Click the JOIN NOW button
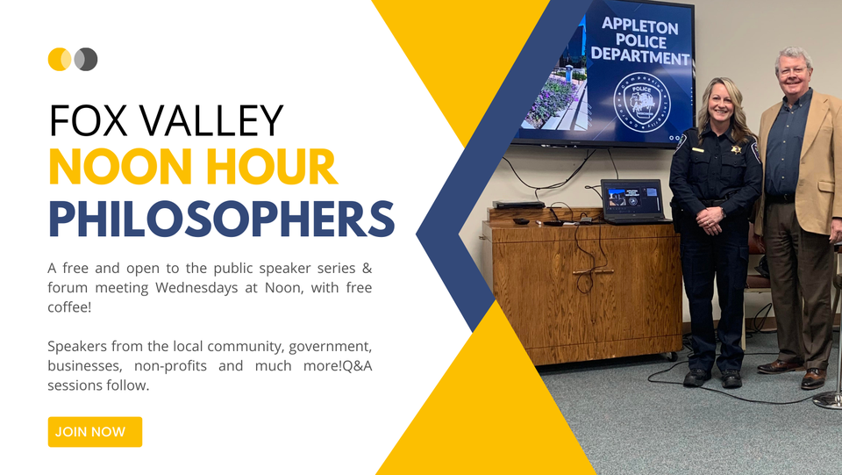click(x=95, y=432)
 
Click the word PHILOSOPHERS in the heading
click(x=222, y=220)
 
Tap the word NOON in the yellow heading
click(x=120, y=167)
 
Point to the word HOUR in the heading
click(x=272, y=167)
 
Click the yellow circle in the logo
click(x=59, y=59)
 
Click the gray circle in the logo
click(x=87, y=59)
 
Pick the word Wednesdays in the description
click(x=196, y=288)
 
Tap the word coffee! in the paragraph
click(x=69, y=307)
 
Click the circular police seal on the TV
click(x=642, y=102)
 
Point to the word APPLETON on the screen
click(x=639, y=25)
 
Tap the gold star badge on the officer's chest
click(x=736, y=149)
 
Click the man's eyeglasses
click(x=793, y=70)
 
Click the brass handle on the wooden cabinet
click(x=593, y=272)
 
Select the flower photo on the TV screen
click(x=557, y=88)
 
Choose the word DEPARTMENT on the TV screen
click(x=640, y=56)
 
